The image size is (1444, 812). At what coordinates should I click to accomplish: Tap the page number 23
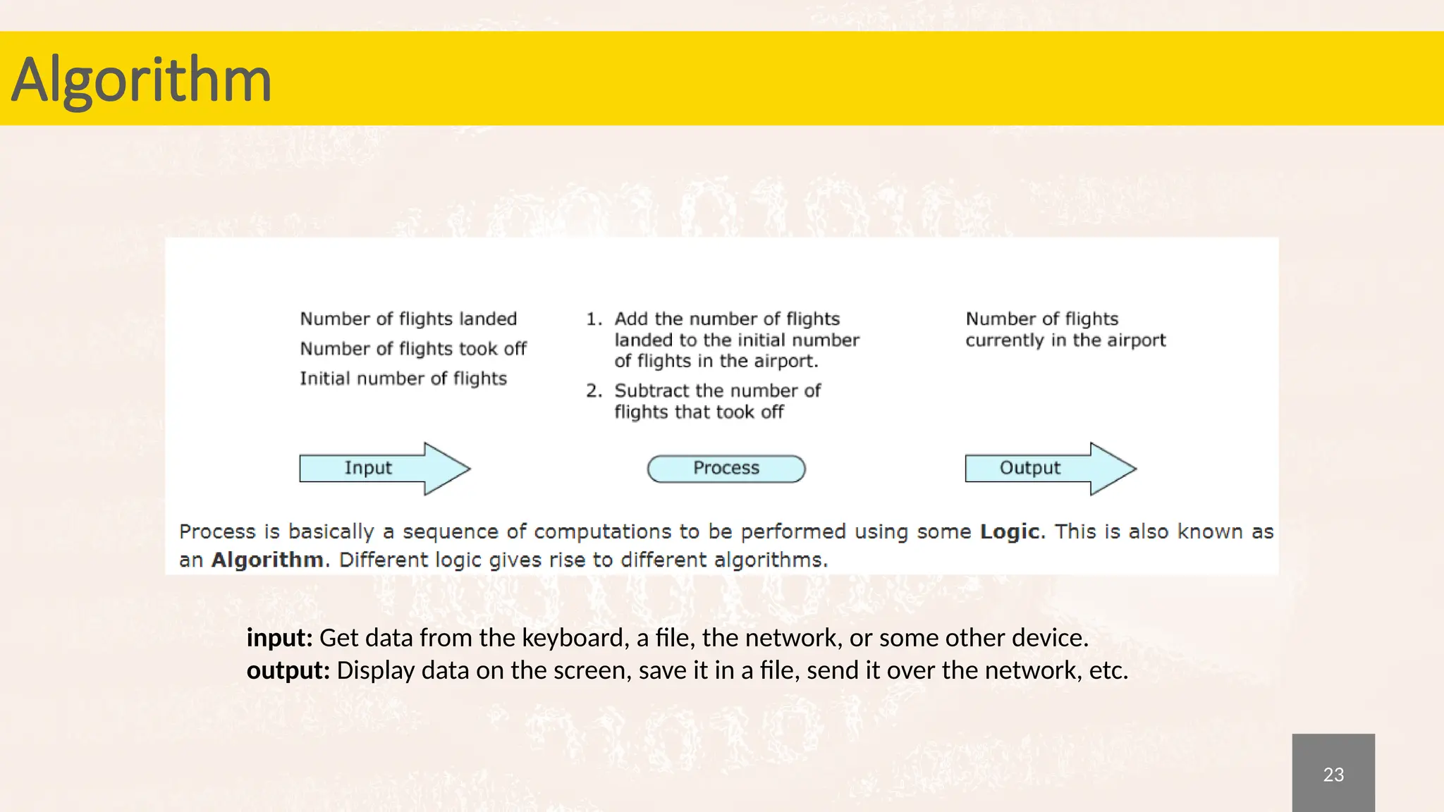[x=1333, y=774]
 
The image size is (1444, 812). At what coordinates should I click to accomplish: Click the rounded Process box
[x=726, y=469]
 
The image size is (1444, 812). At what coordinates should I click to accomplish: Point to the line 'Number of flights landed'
[x=408, y=319]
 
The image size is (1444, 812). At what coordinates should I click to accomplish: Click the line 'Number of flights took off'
[x=413, y=348]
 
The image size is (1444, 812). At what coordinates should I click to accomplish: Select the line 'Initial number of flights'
[x=403, y=379]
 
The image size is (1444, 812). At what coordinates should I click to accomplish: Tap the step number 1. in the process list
[x=594, y=319]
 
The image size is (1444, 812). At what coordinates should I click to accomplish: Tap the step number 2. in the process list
[x=594, y=390]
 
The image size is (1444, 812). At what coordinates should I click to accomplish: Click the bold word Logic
[x=1009, y=531]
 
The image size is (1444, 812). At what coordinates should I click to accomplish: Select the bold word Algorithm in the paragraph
[x=267, y=560]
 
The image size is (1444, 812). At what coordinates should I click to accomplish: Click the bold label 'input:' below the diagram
[x=279, y=638]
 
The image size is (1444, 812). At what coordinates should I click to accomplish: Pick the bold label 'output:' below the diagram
[x=288, y=670]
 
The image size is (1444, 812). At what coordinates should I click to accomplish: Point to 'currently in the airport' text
[x=1065, y=340]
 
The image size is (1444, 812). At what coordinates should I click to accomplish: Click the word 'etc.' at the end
[x=1108, y=670]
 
